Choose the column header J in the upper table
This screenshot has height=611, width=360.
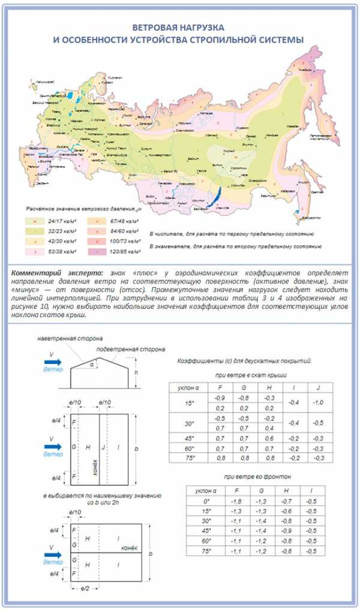(318, 387)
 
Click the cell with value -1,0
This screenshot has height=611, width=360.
(318, 402)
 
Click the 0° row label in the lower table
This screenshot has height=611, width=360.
(207, 501)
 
